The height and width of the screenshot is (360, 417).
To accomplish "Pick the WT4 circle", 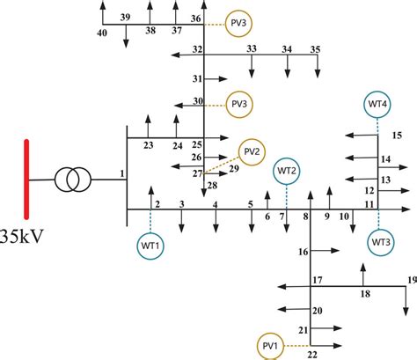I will click(378, 105).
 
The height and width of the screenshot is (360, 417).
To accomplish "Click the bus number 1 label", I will click(121, 175).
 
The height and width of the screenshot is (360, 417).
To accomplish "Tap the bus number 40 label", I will click(102, 33).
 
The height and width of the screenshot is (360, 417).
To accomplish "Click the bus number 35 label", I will click(315, 48).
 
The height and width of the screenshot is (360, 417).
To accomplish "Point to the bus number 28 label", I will click(212, 184).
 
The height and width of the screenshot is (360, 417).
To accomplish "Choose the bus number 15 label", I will click(396, 135).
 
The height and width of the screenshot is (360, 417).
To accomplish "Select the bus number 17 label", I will click(318, 280).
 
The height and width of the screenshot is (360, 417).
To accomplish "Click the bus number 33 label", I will click(252, 48).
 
